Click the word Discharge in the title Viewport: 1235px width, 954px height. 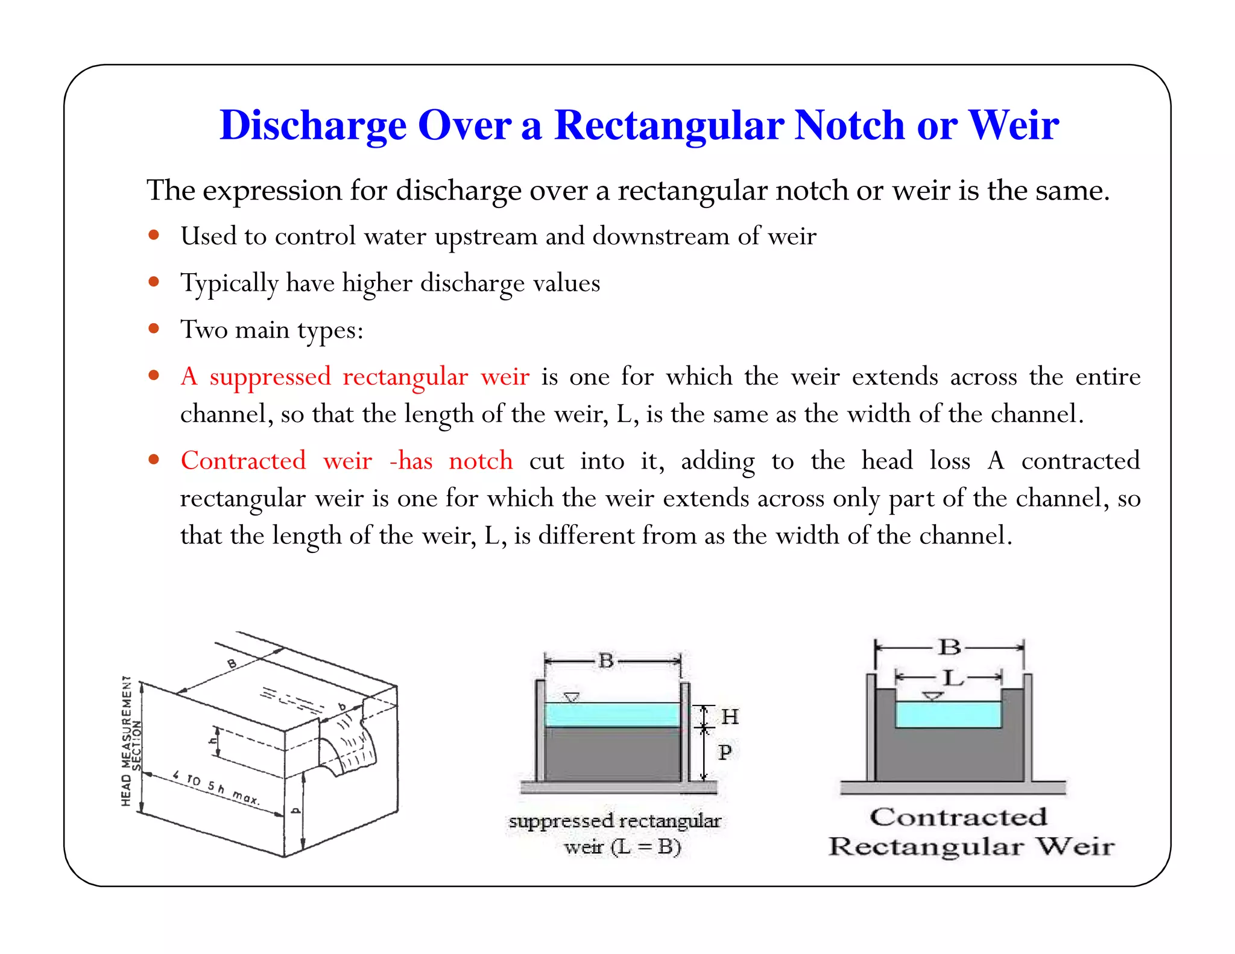point(313,125)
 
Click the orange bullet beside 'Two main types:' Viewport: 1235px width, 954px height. point(154,328)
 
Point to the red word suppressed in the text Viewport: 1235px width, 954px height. point(270,376)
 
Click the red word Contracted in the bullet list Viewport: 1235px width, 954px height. point(244,460)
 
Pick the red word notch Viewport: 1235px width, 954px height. point(481,460)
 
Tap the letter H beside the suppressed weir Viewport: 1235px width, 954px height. point(730,716)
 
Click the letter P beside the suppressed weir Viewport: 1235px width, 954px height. point(725,752)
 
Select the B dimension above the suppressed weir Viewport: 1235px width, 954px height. point(606,661)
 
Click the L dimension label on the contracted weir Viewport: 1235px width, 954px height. point(953,678)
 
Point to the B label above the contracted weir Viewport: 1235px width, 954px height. point(950,647)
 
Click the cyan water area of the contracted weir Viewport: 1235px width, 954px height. point(948,715)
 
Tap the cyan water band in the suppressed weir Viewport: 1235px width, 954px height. point(611,715)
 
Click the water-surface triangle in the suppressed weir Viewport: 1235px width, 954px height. point(571,698)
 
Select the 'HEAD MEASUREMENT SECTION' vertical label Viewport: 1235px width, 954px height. point(131,741)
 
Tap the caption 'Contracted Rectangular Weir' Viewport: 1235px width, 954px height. point(971,832)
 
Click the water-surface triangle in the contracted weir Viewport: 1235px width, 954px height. point(933,696)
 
